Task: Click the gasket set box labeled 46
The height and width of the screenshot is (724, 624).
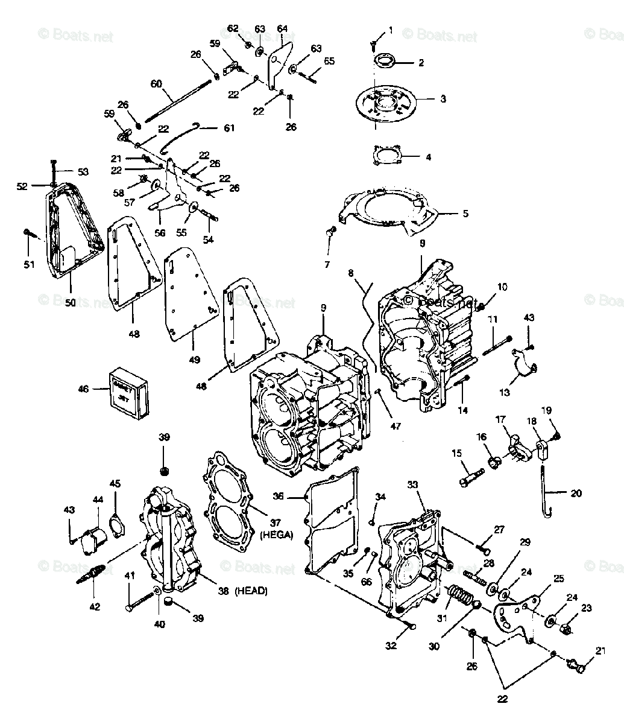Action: point(131,392)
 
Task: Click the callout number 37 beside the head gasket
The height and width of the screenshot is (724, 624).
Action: point(276,523)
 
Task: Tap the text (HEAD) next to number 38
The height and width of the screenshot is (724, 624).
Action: point(251,591)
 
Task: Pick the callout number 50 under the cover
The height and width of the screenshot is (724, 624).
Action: point(71,302)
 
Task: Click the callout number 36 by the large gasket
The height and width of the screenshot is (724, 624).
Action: point(295,497)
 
